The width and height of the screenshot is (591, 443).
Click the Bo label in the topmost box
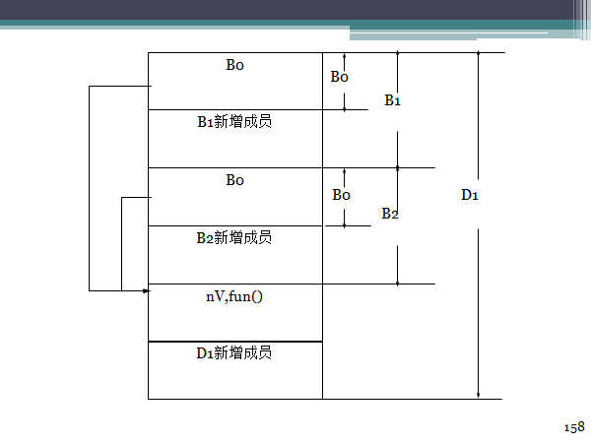[234, 66]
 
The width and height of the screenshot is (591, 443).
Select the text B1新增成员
[234, 122]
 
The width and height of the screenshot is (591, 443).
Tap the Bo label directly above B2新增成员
[234, 180]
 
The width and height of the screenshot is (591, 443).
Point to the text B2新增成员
[234, 237]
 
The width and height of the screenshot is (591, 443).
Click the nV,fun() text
[234, 294]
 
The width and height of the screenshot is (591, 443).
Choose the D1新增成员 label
[234, 352]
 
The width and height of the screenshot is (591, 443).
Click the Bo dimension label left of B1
[339, 77]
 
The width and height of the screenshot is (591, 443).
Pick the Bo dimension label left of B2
[341, 195]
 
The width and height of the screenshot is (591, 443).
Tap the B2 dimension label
[390, 214]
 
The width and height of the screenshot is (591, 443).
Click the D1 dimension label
[470, 194]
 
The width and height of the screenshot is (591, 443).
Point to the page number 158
[573, 426]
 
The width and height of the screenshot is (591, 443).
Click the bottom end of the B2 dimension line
[397, 284]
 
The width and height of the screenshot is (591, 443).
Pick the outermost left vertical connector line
[90, 187]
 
